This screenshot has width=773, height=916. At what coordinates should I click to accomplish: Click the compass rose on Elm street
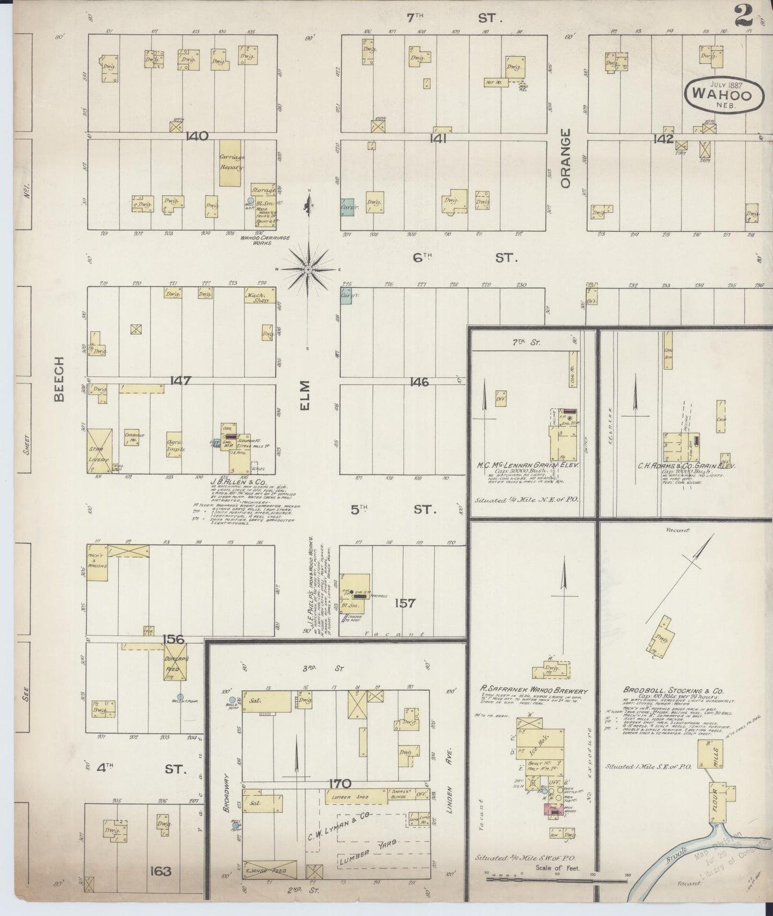[308, 270]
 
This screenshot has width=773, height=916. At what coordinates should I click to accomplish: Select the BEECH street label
[58, 379]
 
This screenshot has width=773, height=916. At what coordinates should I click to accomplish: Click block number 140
[197, 136]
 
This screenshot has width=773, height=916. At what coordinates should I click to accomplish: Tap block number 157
[404, 603]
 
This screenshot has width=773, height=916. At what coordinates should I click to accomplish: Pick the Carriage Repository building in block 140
[231, 164]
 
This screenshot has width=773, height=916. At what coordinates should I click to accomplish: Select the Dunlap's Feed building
[175, 661]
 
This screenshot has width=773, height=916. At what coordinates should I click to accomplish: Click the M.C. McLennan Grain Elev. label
[527, 465]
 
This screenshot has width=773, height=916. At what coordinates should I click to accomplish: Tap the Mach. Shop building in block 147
[260, 296]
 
